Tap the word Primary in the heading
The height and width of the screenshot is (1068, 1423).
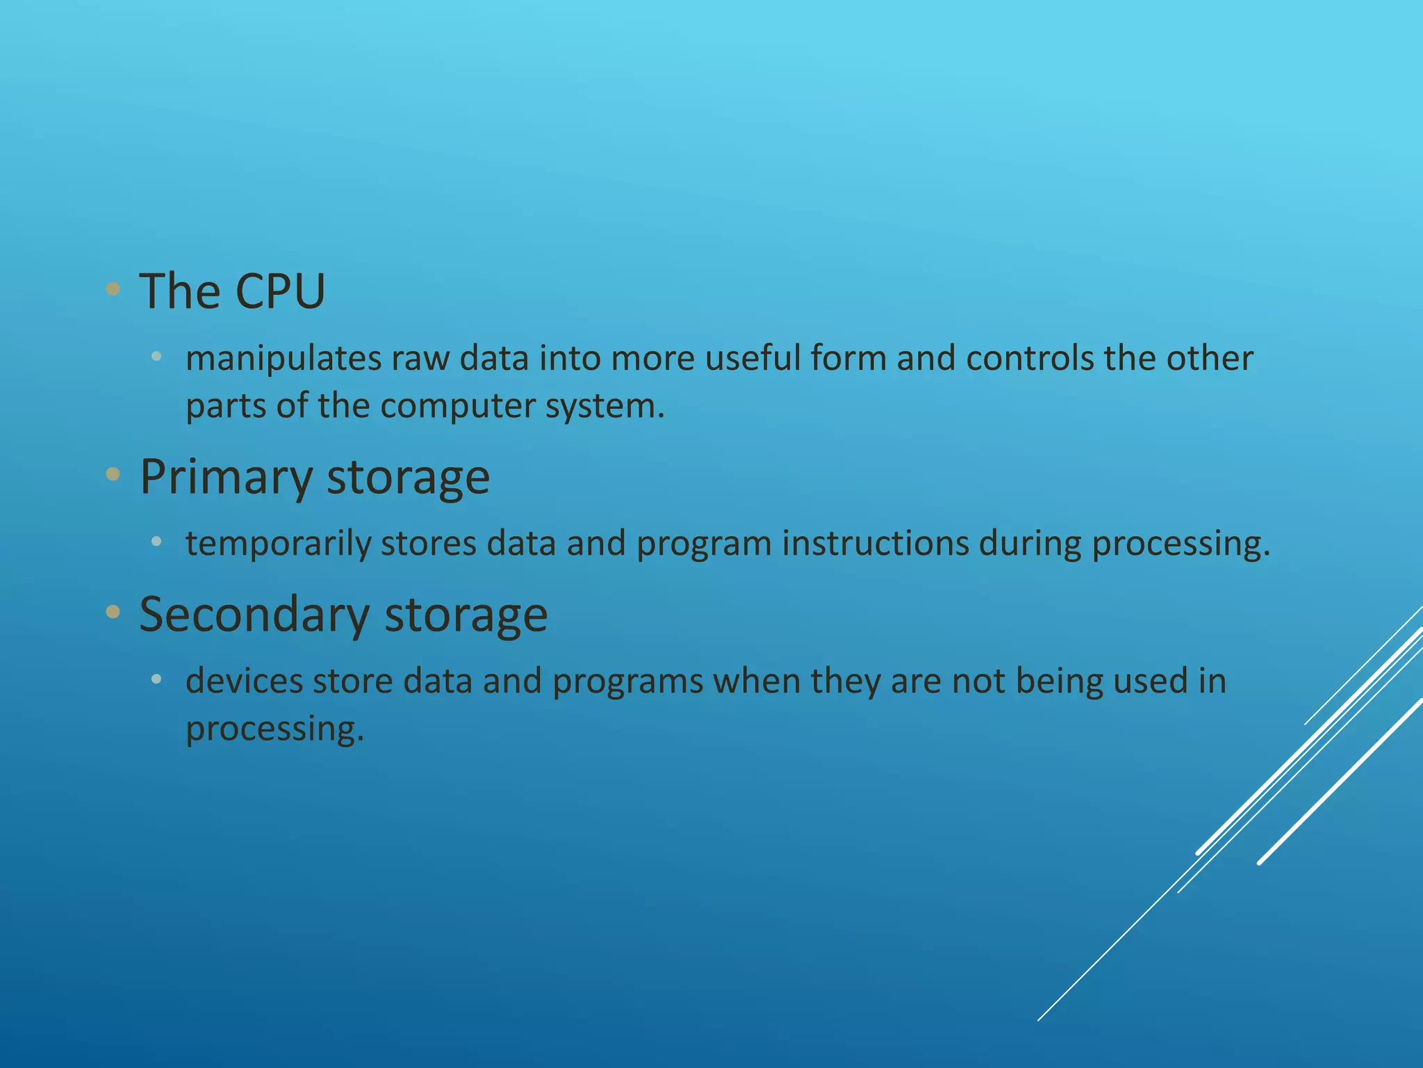pyautogui.click(x=226, y=478)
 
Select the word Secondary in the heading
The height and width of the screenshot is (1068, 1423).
pyautogui.click(x=254, y=615)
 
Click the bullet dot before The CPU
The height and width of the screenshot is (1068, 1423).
pyautogui.click(x=113, y=289)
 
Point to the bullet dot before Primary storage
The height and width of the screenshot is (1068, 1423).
pyautogui.click(x=113, y=475)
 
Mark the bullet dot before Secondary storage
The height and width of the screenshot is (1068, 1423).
pyautogui.click(x=113, y=612)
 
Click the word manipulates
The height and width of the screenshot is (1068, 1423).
pyautogui.click(x=283, y=359)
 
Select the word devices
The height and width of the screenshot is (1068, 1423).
pyautogui.click(x=244, y=681)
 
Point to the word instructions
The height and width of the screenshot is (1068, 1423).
pyautogui.click(x=875, y=544)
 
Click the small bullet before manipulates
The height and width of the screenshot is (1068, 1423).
pyautogui.click(x=156, y=357)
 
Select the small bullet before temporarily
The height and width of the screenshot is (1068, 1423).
pyautogui.click(x=156, y=541)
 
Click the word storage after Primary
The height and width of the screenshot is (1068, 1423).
pyautogui.click(x=408, y=478)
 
